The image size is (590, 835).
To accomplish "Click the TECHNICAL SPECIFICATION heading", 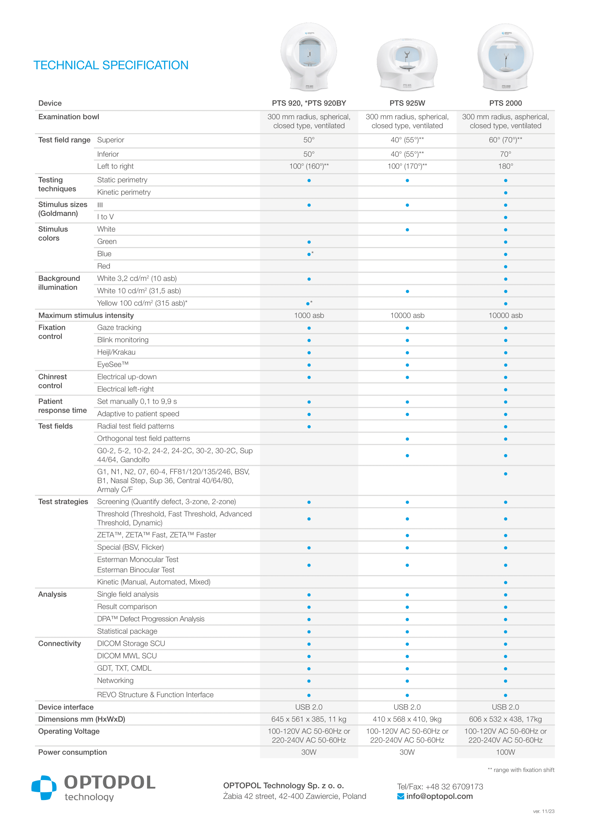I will pyautogui.click(x=111, y=65).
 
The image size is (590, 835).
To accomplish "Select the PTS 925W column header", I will pyautogui.click(x=407, y=103).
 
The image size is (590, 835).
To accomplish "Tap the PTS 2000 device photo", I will pyautogui.click(x=505, y=57).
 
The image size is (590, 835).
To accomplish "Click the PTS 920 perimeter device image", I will pyautogui.click(x=309, y=56).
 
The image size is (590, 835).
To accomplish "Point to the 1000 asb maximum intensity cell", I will pyautogui.click(x=309, y=316).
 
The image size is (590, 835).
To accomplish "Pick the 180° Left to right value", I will pyautogui.click(x=505, y=167).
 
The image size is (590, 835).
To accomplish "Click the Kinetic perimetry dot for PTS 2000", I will pyautogui.click(x=505, y=193).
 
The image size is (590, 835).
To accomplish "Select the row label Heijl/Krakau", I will pyautogui.click(x=116, y=352).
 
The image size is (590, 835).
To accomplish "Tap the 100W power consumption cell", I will pyautogui.click(x=505, y=753).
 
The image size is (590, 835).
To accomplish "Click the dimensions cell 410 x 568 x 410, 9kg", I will pyautogui.click(x=407, y=719).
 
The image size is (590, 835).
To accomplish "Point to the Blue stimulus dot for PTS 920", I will pyautogui.click(x=309, y=254).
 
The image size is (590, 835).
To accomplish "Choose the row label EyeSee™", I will pyautogui.click(x=113, y=364).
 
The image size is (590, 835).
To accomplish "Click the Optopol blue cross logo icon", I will pyautogui.click(x=44, y=788).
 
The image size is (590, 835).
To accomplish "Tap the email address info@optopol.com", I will pyautogui.click(x=439, y=796).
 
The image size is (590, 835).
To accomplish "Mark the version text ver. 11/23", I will pyautogui.click(x=544, y=811).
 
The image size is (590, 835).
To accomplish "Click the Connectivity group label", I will pyautogui.click(x=60, y=644).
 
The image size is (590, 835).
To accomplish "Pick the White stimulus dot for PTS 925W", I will pyautogui.click(x=407, y=230).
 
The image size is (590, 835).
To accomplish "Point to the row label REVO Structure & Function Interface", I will pyautogui.click(x=155, y=695).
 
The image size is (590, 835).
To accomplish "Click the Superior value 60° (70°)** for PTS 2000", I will pyautogui.click(x=505, y=140).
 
